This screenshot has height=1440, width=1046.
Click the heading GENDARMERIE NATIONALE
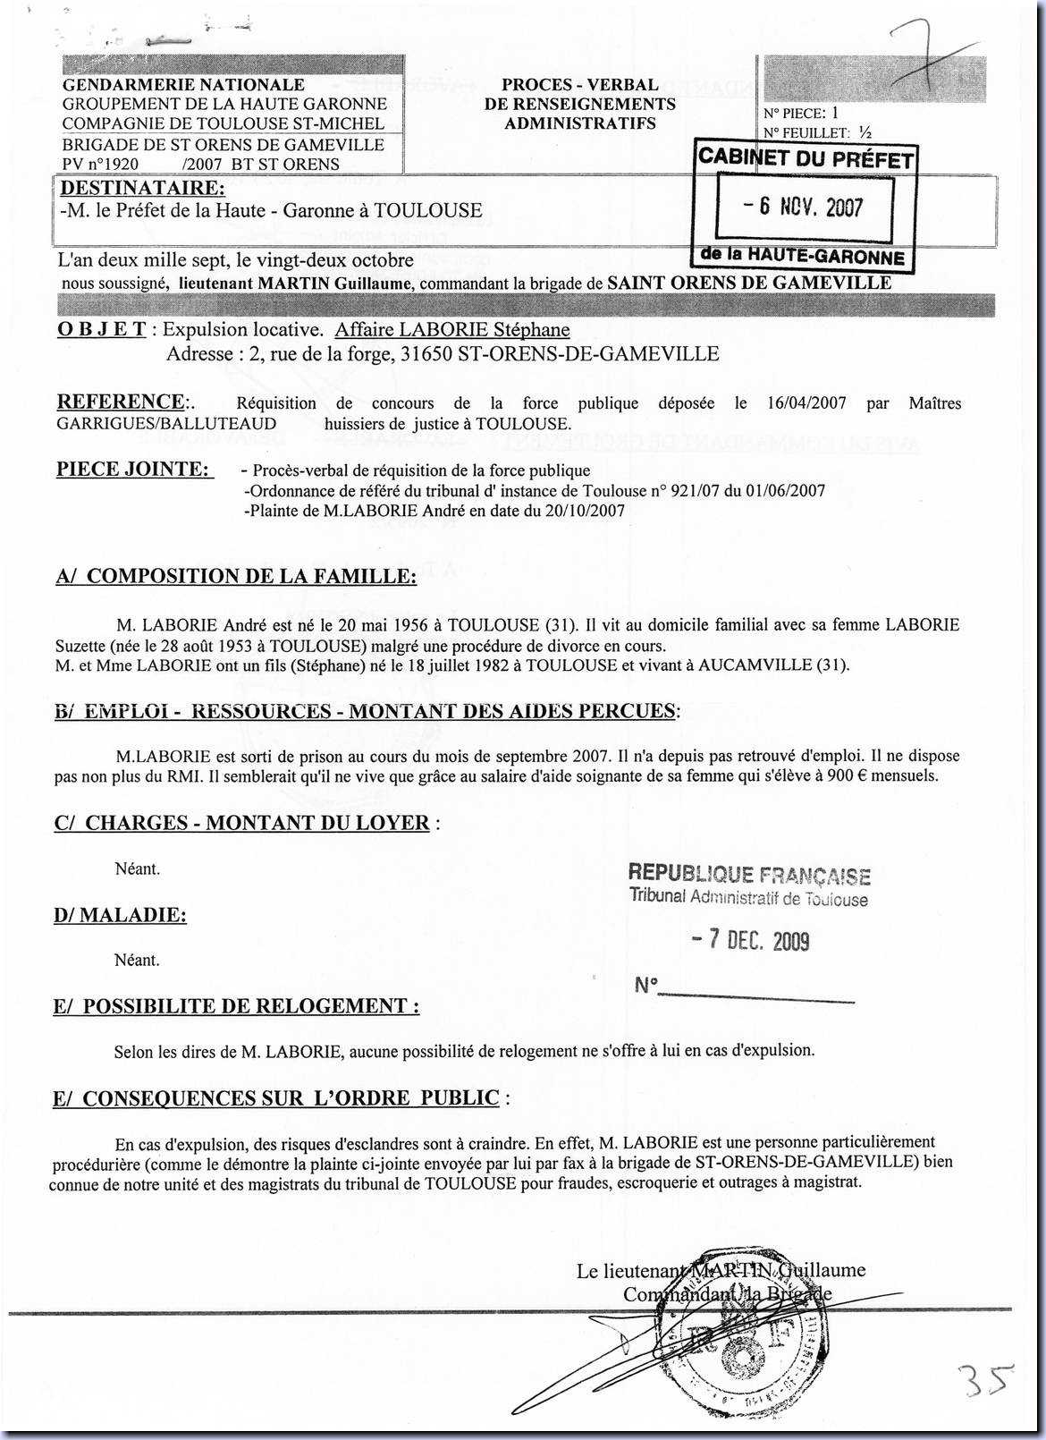[x=183, y=85]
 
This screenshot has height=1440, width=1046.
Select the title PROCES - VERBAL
[x=579, y=85]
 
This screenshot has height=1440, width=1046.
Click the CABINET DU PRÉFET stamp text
[x=806, y=158]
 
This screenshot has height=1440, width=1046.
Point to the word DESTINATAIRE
[x=141, y=189]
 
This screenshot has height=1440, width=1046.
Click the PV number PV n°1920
[x=100, y=165]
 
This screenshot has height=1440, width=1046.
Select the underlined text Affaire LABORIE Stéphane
[x=451, y=330]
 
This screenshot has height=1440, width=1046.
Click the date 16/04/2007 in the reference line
[x=806, y=403]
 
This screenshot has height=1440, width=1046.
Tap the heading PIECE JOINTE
[x=134, y=470]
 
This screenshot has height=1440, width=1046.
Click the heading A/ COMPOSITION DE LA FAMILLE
[x=236, y=576]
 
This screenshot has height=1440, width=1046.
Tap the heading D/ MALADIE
[x=120, y=915]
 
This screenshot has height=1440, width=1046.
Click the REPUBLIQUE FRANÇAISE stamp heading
[x=749, y=874]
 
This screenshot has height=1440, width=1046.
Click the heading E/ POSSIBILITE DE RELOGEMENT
[x=236, y=1006]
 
